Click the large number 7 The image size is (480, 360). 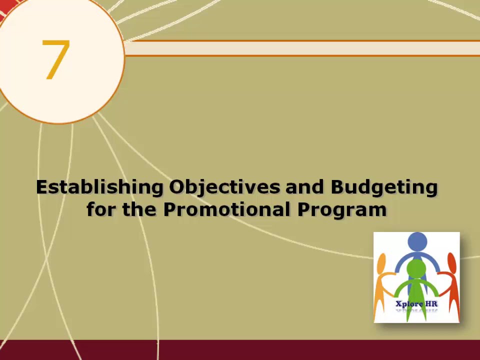coord(55,59)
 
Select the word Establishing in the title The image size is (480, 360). coord(99,187)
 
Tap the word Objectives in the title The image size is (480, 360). coord(224,187)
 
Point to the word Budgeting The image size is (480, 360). coord(384,187)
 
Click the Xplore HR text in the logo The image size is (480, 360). coord(416,303)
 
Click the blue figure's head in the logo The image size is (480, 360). coord(417,242)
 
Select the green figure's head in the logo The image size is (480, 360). coord(416,268)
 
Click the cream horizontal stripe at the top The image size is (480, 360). coord(300,48)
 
